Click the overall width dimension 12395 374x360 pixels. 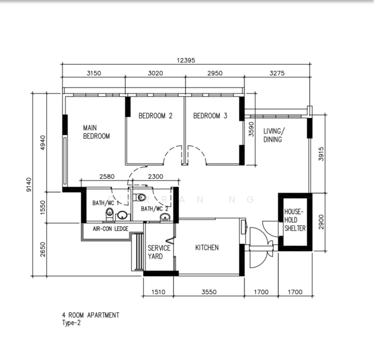tap(186, 61)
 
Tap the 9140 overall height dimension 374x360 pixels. tap(29, 185)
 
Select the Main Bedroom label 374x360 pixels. tap(96, 132)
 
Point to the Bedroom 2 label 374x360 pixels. tap(155, 116)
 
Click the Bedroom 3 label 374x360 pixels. tap(210, 116)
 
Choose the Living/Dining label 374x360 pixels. tap(274, 135)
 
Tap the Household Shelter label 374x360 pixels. tap(295, 220)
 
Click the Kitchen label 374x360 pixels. tap(207, 248)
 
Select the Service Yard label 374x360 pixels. tap(159, 252)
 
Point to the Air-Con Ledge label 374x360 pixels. tap(110, 229)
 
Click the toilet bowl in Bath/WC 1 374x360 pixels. tap(110, 214)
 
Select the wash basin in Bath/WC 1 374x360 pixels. tap(123, 215)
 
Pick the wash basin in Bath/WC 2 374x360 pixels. tap(165, 217)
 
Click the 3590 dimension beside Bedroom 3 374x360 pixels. tap(251, 129)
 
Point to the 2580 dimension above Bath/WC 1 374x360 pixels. tap(107, 176)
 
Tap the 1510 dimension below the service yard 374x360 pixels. tap(158, 292)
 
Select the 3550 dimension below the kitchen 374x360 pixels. tap(209, 292)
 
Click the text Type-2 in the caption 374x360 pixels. tap(71, 323)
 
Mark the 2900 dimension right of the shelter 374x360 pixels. tap(321, 222)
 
